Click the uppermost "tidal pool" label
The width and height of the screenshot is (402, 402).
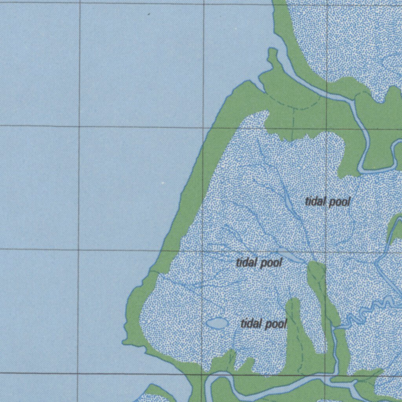327,202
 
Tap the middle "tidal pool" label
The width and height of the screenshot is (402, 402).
259,262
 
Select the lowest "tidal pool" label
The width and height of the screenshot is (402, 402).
264,324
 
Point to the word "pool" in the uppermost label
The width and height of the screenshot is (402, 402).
339,202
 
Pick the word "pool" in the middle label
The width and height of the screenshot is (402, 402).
270,263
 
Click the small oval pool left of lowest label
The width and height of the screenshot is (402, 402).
217,323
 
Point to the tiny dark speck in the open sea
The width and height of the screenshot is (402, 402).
149,14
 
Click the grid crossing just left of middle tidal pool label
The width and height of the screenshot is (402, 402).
203,250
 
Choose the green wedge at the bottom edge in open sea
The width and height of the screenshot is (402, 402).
157,393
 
